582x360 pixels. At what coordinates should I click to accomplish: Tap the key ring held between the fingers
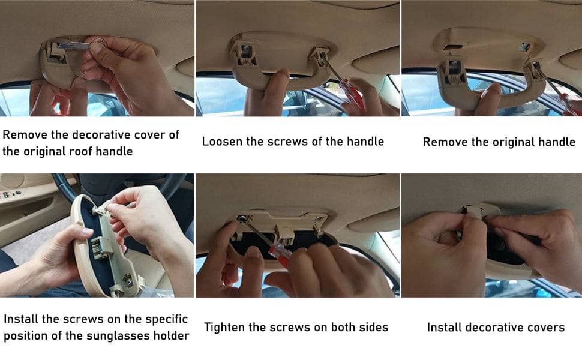click(99, 41)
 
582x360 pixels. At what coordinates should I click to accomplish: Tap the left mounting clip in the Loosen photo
click(245, 55)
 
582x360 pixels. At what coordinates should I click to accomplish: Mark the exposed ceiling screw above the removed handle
click(524, 47)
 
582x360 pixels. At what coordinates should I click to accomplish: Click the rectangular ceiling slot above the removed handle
click(453, 47)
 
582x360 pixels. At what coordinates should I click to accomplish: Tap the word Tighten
click(225, 328)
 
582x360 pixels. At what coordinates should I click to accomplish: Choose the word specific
click(167, 319)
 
